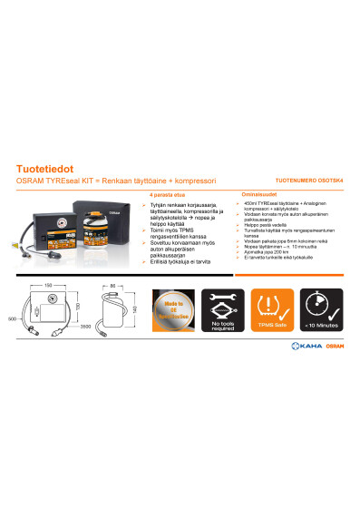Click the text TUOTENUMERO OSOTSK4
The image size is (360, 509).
[308, 182]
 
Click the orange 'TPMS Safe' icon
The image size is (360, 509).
[269, 311]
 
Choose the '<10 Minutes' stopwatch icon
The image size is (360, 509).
[319, 311]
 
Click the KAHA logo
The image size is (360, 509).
[306, 373]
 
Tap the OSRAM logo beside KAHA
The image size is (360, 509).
[335, 373]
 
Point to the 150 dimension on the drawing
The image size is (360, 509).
[46, 285]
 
